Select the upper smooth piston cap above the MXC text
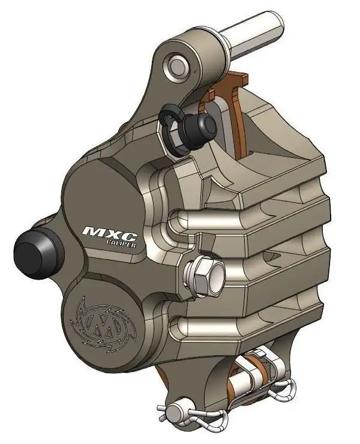[99, 192]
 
